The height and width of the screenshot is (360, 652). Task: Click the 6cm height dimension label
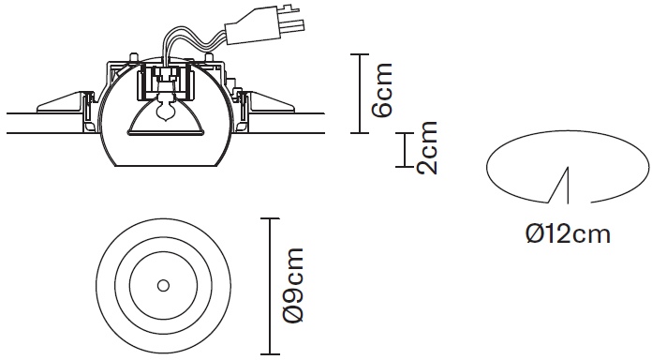(382, 90)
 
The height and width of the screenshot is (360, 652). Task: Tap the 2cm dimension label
(427, 148)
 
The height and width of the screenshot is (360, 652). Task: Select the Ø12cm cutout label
(568, 233)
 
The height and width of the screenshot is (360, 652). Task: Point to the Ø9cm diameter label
(293, 285)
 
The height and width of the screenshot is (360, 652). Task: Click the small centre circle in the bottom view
(163, 286)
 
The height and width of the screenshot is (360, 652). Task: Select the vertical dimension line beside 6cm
(360, 94)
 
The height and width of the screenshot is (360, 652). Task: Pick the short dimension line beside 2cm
(405, 150)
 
